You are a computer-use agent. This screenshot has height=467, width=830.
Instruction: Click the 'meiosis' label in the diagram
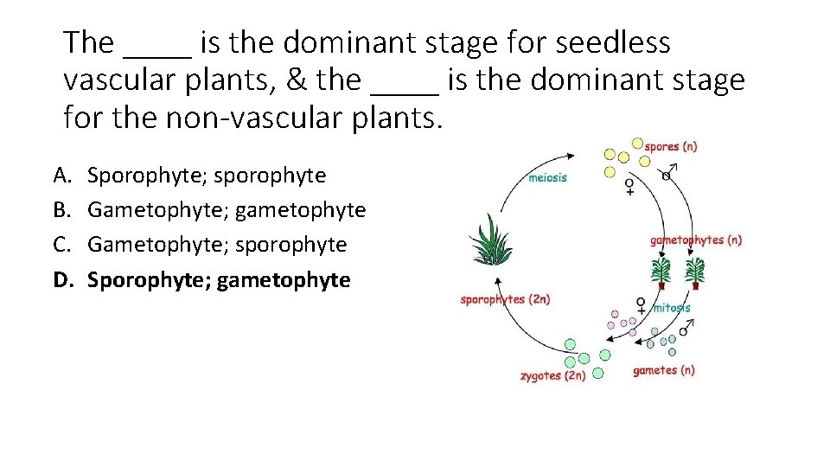[x=547, y=178]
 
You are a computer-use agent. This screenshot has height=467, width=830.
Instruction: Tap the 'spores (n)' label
[x=672, y=146]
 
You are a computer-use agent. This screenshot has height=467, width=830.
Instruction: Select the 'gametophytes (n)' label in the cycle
[x=696, y=240]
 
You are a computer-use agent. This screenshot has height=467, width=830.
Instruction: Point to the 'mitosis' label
[x=672, y=308]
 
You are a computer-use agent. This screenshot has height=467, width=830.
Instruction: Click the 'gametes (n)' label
[x=663, y=371]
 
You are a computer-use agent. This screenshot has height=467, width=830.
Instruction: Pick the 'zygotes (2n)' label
[x=552, y=376]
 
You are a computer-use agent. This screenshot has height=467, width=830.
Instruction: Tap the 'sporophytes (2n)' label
[x=505, y=299]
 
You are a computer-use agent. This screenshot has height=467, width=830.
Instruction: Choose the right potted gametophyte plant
[x=694, y=272]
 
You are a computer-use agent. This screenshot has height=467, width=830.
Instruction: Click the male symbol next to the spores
[x=668, y=173]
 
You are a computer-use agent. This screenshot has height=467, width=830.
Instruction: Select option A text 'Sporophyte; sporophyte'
[x=207, y=176]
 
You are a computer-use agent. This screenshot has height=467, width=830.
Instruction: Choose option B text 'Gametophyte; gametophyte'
[x=227, y=210]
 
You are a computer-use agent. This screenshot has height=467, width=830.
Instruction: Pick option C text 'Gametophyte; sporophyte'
[x=217, y=245]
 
